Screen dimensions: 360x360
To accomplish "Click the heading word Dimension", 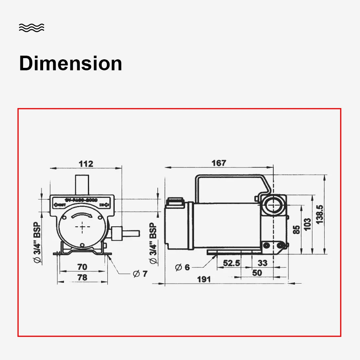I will click(x=70, y=64).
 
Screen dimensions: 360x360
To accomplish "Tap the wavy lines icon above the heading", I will click(x=31, y=28).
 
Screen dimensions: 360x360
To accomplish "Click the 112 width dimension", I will click(x=86, y=164).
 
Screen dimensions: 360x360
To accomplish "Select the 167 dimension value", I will click(x=218, y=163).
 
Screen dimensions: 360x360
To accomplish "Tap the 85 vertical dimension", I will click(x=297, y=229).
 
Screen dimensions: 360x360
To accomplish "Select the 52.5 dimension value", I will click(x=231, y=263).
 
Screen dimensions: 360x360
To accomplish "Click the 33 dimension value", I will click(x=263, y=263).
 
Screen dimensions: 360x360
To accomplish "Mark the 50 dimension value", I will click(x=257, y=273).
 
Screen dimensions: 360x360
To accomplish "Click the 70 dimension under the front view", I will click(x=82, y=267).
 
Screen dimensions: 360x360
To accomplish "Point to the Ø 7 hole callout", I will click(x=140, y=273).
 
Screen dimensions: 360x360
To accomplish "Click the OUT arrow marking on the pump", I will click(x=59, y=205).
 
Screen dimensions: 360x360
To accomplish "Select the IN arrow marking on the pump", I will click(x=105, y=205).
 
